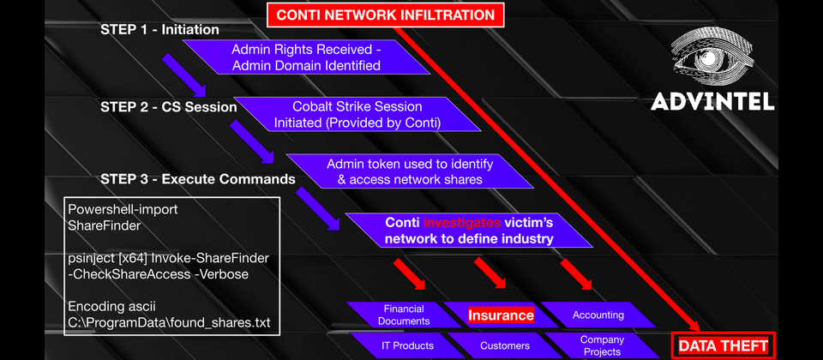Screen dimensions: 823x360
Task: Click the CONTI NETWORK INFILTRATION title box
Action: click(x=385, y=15)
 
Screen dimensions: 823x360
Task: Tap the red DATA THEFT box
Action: click(x=723, y=345)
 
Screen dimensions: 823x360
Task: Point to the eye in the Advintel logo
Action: click(x=713, y=57)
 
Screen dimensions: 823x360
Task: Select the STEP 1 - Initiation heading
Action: click(x=159, y=30)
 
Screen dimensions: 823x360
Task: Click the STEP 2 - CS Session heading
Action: click(x=169, y=107)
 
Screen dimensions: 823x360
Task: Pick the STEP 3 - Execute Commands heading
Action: click(x=198, y=179)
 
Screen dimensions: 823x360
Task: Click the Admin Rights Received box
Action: click(x=306, y=57)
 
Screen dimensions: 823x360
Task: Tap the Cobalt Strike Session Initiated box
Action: click(x=357, y=114)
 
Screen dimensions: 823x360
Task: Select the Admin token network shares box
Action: click(x=410, y=171)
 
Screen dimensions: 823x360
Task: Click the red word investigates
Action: click(x=462, y=223)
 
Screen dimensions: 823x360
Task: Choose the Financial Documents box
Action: click(x=404, y=315)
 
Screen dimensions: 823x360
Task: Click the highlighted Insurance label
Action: click(x=501, y=315)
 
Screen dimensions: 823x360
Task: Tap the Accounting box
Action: click(x=598, y=315)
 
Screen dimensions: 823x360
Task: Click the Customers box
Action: click(x=505, y=345)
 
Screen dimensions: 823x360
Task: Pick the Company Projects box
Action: click(x=602, y=345)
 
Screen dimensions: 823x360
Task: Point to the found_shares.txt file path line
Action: click(x=169, y=322)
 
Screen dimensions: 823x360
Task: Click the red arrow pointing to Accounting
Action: click(x=576, y=274)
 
